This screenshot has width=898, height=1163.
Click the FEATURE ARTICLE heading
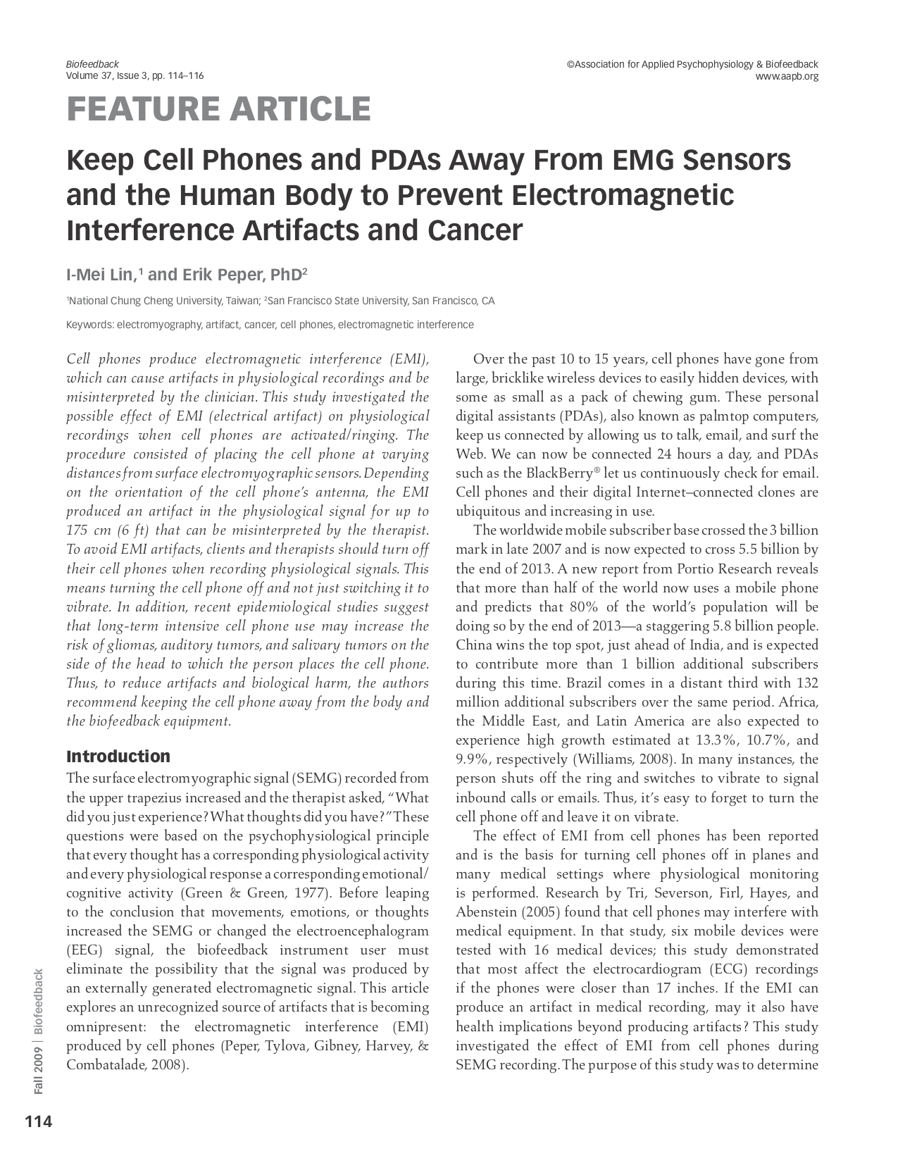point(218,109)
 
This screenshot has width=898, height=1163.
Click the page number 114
point(39,1121)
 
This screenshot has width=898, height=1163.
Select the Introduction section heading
point(118,757)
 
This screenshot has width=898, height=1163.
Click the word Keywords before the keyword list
point(89,325)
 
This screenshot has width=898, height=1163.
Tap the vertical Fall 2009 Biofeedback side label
point(39,1032)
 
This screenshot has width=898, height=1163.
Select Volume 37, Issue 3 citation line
point(135,76)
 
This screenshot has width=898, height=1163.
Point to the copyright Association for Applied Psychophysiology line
point(692,64)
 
